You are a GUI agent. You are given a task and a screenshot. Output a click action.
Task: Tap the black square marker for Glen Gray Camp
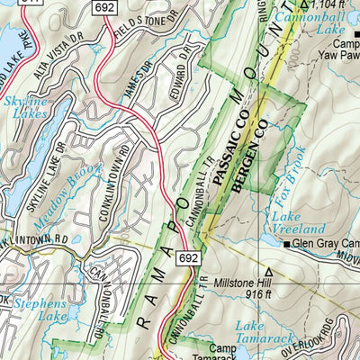[x=287, y=244]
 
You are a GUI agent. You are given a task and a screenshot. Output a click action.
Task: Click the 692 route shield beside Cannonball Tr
[x=188, y=257]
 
